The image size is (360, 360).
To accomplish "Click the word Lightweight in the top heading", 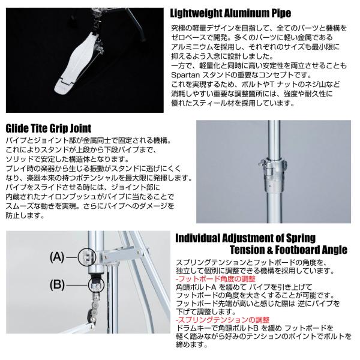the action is [x=196, y=14].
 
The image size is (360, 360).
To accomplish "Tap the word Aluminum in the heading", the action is [x=247, y=13].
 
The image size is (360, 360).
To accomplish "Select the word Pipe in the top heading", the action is [x=281, y=14].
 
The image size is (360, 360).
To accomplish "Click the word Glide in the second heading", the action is [x=17, y=128].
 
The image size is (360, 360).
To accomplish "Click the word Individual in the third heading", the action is [x=197, y=238].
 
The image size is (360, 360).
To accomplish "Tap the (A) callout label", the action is [x=57, y=257].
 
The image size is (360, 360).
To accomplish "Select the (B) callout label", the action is [x=57, y=285].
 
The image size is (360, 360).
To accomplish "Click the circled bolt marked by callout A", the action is [x=86, y=257].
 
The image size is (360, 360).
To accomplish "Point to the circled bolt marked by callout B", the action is [x=97, y=284].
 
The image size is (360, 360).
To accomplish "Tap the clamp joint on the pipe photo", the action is [x=273, y=174].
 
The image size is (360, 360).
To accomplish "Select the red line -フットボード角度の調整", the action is [x=215, y=279].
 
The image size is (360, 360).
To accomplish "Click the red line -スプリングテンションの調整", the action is [x=223, y=320].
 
